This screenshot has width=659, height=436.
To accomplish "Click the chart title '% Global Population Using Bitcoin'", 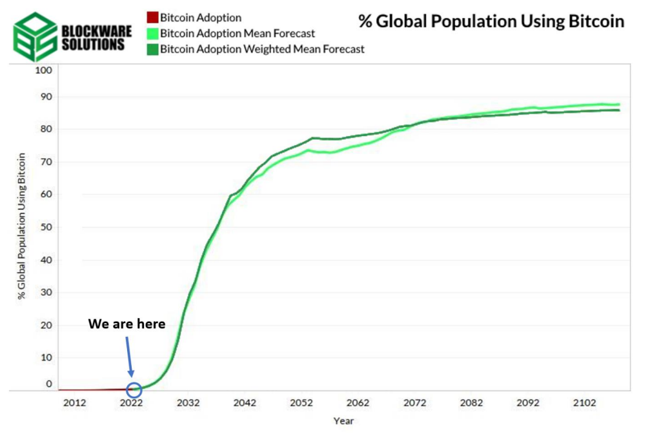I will pos(491,21).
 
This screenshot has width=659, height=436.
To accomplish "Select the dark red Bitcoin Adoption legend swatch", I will pos(154,17).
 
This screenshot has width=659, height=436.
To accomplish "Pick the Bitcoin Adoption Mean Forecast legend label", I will pos(238,33).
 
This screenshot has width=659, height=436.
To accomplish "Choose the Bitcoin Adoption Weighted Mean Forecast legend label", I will pos(262,48).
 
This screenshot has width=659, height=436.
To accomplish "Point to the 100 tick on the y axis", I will pos(42,70).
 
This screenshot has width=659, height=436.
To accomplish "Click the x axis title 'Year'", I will pos(343,421).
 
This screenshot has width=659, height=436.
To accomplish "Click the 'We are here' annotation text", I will pos(127,324).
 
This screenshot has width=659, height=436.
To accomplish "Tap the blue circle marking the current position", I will pos(134,389).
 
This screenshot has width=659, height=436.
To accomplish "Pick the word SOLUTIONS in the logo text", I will pos(94,45).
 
